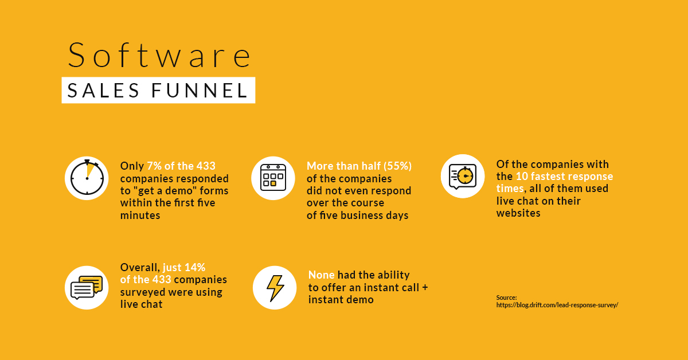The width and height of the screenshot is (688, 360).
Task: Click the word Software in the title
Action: point(159,54)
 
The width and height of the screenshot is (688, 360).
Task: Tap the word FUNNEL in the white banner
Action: point(200,91)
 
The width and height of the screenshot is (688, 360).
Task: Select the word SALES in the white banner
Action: point(103,91)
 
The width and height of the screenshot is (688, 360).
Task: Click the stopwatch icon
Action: point(87,178)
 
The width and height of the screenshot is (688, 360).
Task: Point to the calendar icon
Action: point(273,178)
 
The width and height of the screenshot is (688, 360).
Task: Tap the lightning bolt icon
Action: point(275,288)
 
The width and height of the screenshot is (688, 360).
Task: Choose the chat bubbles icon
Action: point(87,288)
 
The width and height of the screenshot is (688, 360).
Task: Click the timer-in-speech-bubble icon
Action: point(463,177)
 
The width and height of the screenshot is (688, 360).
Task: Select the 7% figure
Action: point(154,166)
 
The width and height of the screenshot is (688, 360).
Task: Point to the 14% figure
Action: point(195,267)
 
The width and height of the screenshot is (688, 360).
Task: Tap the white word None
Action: point(321,275)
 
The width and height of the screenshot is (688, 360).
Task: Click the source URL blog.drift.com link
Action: point(557,305)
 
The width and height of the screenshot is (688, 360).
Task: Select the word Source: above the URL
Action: point(506,298)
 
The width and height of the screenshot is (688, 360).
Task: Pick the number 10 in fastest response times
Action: point(522,177)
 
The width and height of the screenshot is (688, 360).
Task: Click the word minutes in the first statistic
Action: point(140,216)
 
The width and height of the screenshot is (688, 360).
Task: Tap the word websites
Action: point(518,213)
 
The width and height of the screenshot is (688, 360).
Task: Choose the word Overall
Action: point(140,268)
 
